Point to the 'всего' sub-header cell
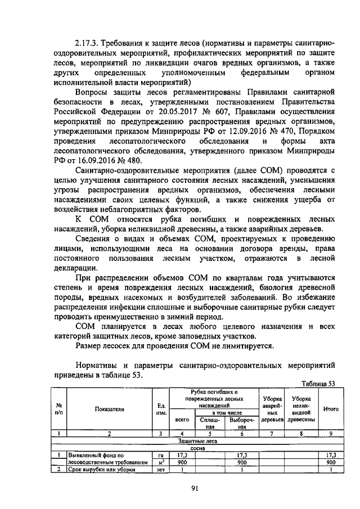tap(182, 420)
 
